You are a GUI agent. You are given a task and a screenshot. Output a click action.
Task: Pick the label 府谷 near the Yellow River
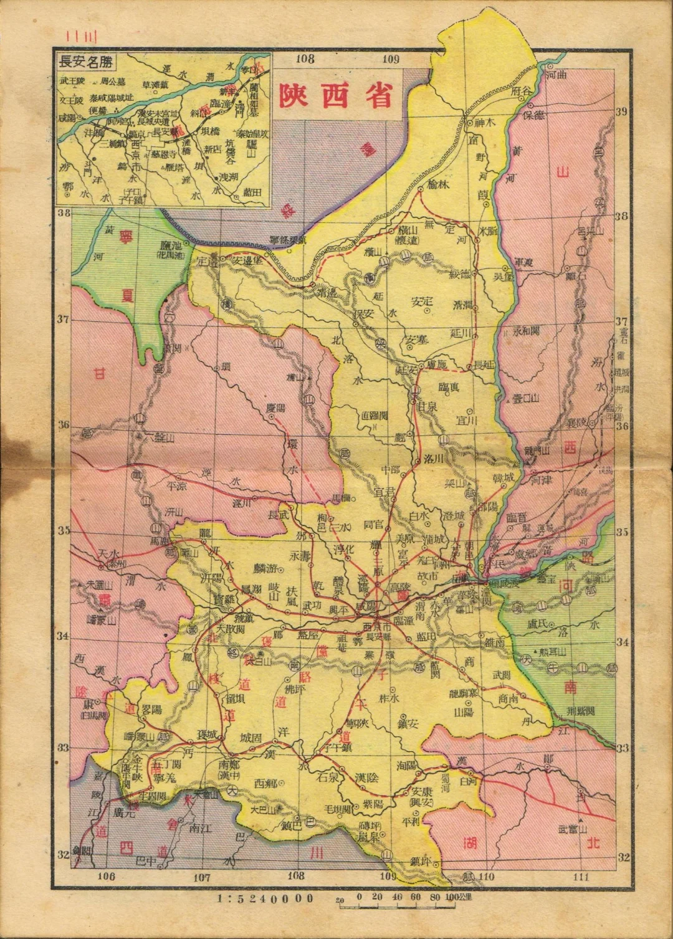pos(519,91)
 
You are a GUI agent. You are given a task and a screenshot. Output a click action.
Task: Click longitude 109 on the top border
pos(391,60)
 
